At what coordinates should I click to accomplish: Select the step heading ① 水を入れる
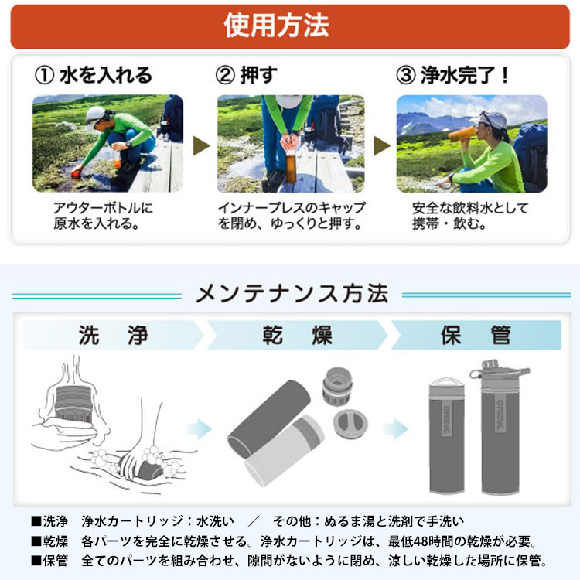tap(94, 75)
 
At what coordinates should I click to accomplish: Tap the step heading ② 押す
tap(246, 75)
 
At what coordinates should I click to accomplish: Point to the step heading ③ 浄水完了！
tap(453, 75)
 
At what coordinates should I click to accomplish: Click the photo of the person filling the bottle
tap(107, 144)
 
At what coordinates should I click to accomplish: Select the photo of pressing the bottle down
tap(290, 144)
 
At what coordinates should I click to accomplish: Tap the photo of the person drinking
tap(471, 144)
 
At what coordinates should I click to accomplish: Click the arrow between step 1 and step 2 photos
tap(201, 145)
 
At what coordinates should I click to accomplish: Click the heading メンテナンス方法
tap(292, 295)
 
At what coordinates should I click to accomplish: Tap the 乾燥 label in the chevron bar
tap(296, 336)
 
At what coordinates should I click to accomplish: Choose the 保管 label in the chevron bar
tap(476, 336)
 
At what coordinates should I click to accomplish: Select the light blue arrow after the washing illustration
tap(202, 428)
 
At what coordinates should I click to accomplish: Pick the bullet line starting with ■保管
tap(289, 561)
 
